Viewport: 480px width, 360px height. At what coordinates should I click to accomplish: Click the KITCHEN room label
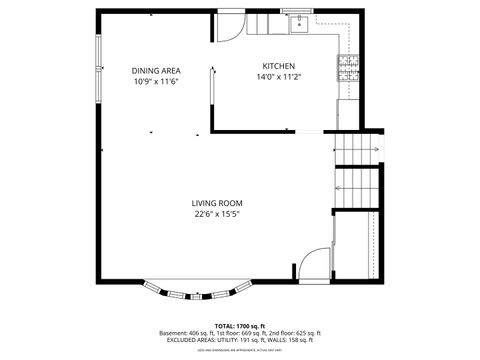pos(278,65)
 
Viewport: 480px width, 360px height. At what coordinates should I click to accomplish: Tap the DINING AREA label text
pos(155,70)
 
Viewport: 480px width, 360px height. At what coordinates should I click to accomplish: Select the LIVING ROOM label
pos(217,203)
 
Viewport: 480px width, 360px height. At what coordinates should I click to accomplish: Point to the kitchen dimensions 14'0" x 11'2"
pos(278,76)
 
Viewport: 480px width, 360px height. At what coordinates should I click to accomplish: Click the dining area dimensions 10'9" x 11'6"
pos(155,81)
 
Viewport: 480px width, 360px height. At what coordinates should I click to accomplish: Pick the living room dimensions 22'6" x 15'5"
pos(217,213)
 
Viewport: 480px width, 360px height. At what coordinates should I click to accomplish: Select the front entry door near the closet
pos(316,262)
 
